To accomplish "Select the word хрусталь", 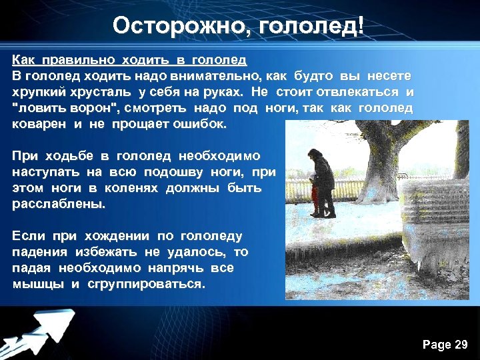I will (98, 92).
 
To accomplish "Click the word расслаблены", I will (59, 204).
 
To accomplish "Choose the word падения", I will (40, 252).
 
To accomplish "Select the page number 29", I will (461, 345).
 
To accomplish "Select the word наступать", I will (42, 172).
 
